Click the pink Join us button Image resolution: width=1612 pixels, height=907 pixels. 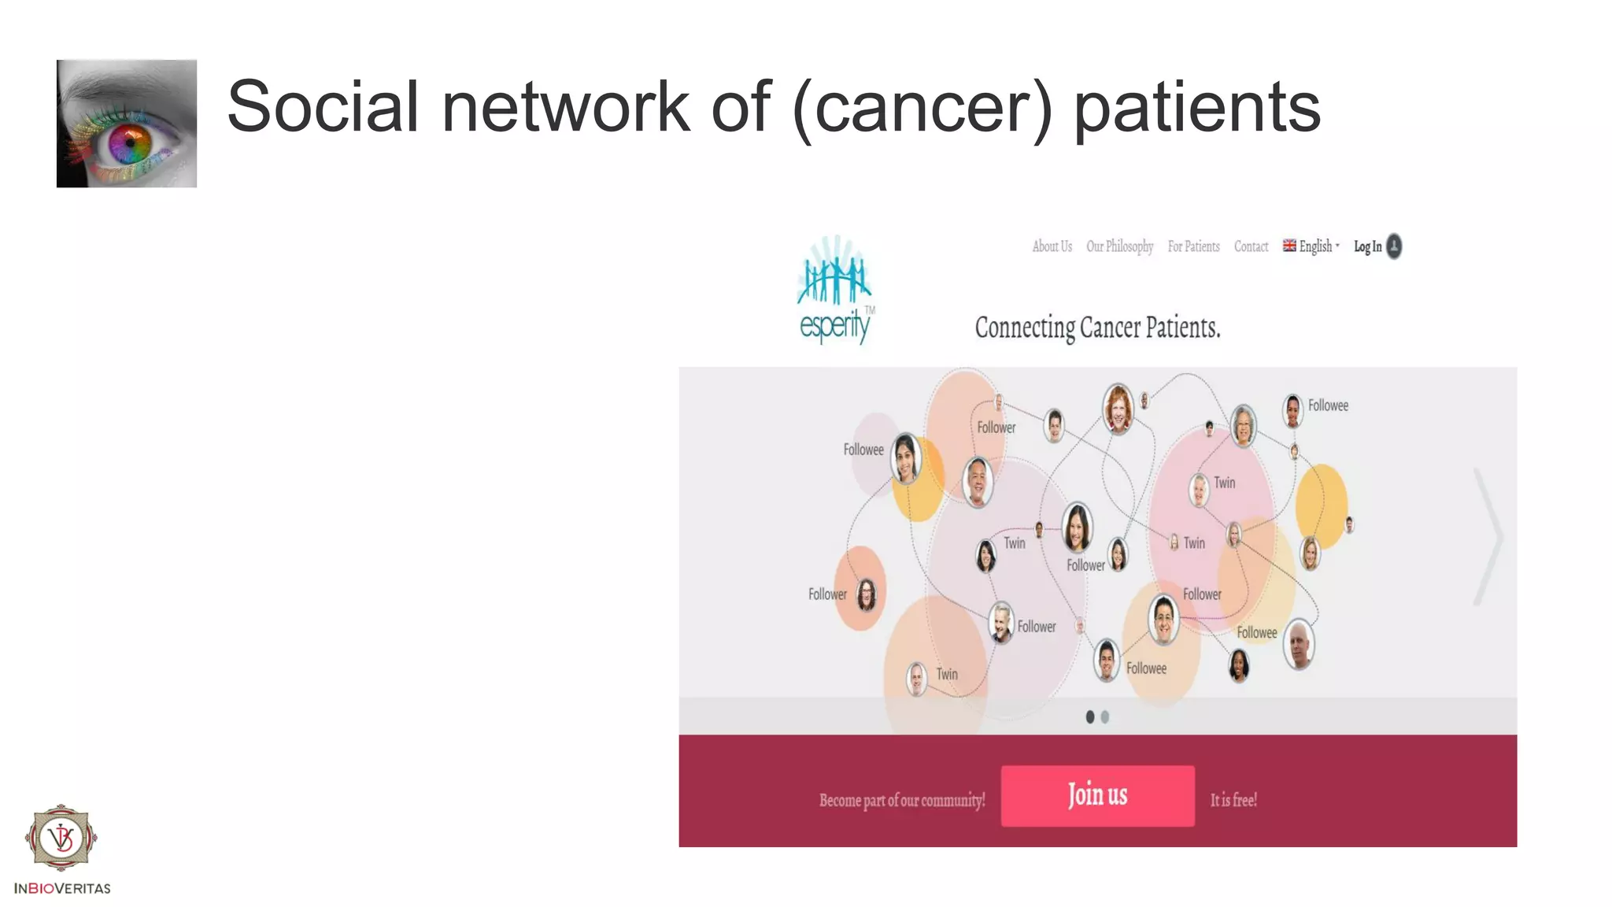[x=1097, y=795]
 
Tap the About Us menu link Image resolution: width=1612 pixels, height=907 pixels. [x=1052, y=246]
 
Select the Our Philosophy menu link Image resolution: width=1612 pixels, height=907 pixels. [x=1119, y=246]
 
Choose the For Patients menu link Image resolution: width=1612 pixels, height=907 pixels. [x=1193, y=246]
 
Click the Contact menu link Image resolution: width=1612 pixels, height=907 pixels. [x=1251, y=246]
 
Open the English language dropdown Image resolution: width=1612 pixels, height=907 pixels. [x=1311, y=246]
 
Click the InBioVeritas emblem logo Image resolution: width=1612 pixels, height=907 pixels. [x=61, y=838]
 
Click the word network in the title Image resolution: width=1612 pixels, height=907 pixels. [x=565, y=106]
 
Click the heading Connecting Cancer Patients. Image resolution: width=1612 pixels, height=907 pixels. [x=1097, y=328]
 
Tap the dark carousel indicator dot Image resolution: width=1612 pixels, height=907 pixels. [x=1090, y=716]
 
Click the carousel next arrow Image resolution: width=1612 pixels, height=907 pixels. [x=1488, y=536]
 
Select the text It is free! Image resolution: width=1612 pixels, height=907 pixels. [x=1233, y=800]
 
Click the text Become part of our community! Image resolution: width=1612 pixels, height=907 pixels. [x=902, y=801]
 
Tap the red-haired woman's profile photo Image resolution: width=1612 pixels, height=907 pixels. [x=1118, y=408]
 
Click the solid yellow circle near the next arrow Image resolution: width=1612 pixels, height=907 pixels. [x=1322, y=505]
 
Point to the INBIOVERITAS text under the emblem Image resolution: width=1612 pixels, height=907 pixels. [x=62, y=888]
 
